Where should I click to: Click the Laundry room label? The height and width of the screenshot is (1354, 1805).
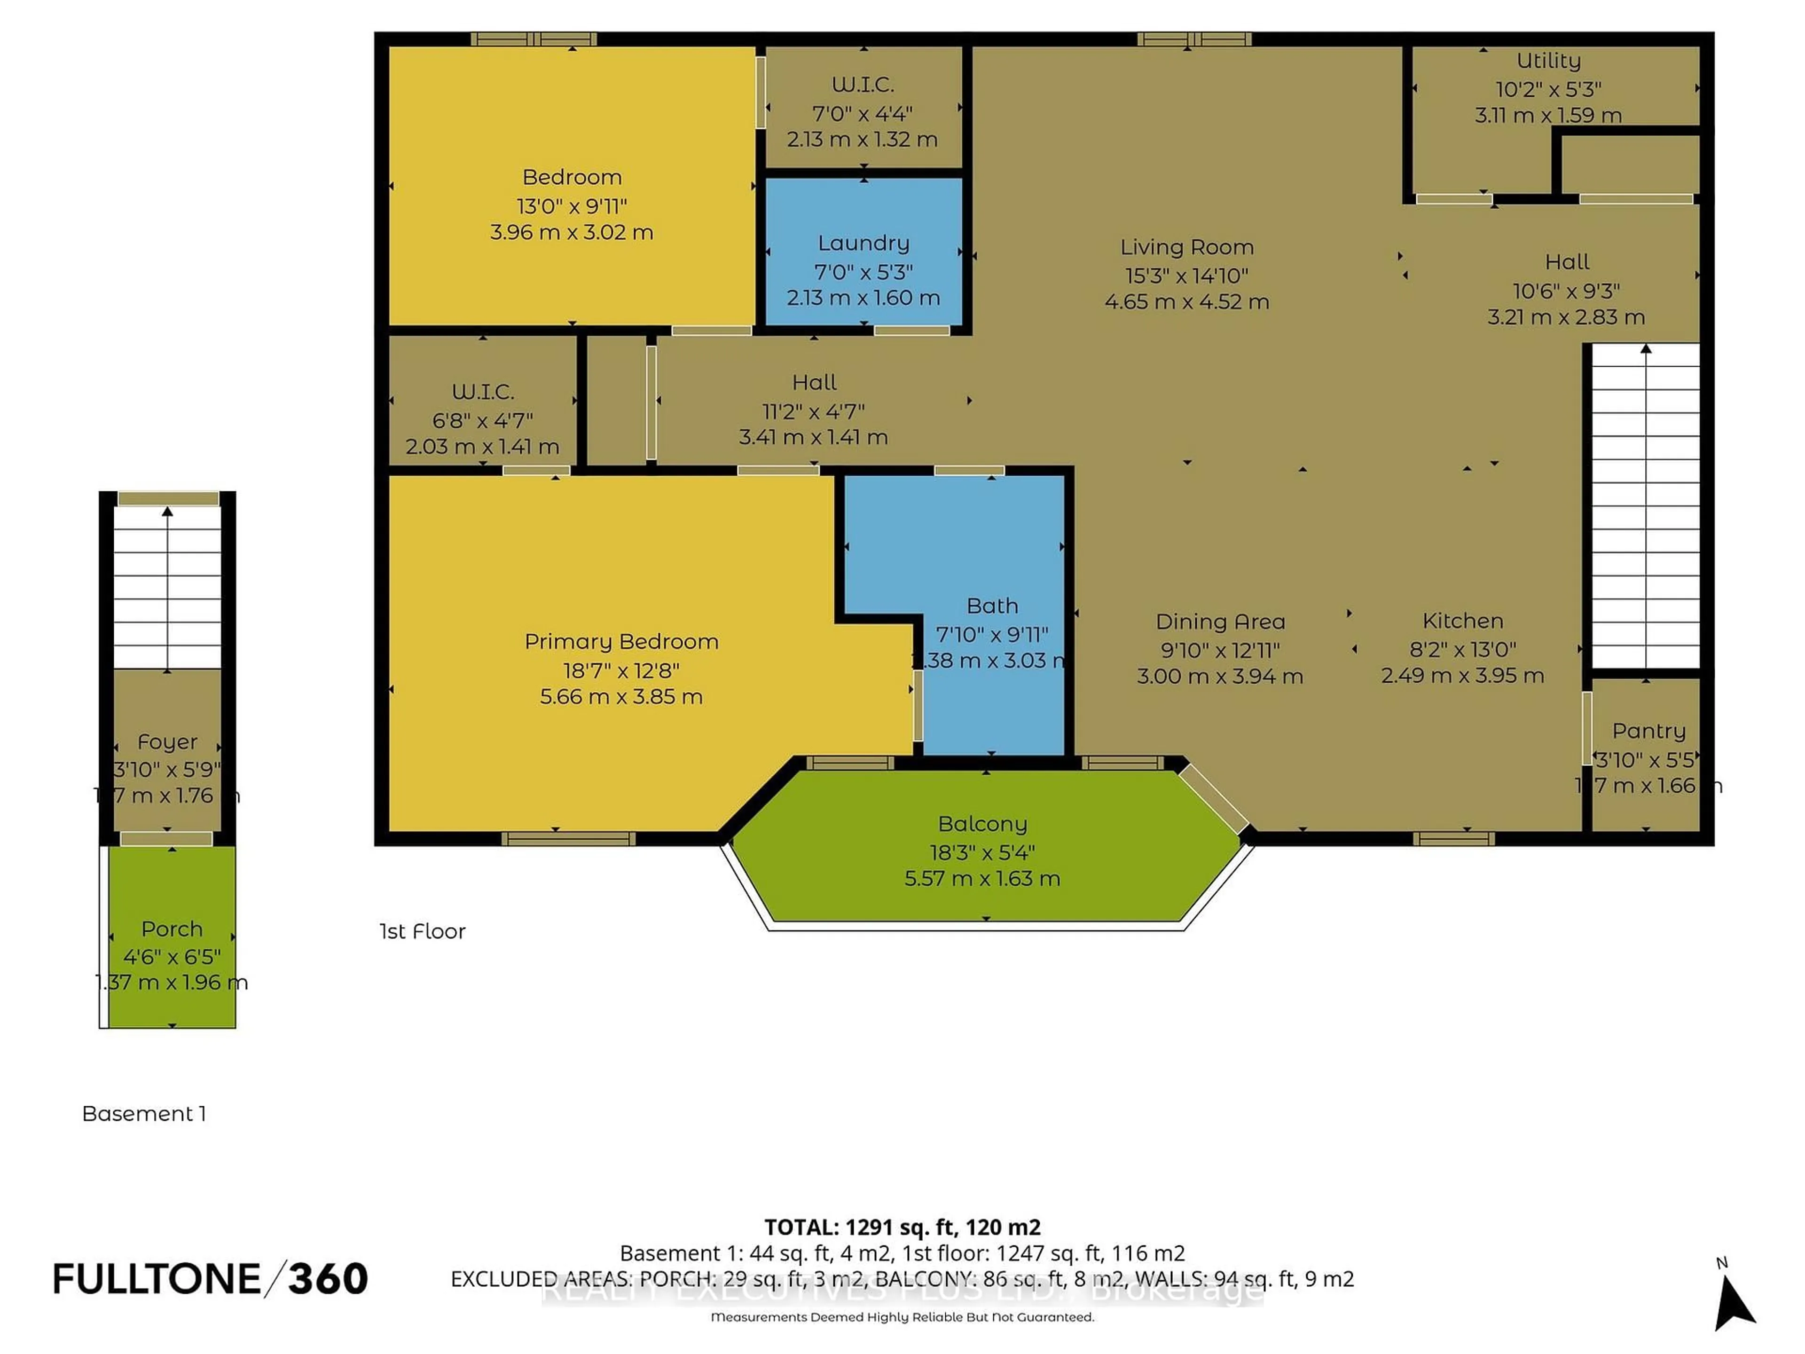[x=863, y=243]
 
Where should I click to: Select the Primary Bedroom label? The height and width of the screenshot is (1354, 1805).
[x=621, y=641]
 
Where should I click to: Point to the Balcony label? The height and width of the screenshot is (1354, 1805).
[x=982, y=824]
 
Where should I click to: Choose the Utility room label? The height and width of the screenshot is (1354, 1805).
[x=1548, y=60]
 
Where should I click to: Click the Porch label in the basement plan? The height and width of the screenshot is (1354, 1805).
[x=172, y=929]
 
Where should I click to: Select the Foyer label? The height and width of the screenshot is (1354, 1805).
[x=167, y=742]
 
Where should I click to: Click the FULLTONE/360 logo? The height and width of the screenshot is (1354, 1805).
[x=210, y=1279]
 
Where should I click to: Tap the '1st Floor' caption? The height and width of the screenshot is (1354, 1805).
[x=422, y=931]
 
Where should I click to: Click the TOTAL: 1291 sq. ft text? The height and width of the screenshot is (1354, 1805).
[x=902, y=1227]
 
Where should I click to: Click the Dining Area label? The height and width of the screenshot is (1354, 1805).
[x=1220, y=622]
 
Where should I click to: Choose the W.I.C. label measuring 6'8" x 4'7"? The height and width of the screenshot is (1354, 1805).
[x=482, y=392]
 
